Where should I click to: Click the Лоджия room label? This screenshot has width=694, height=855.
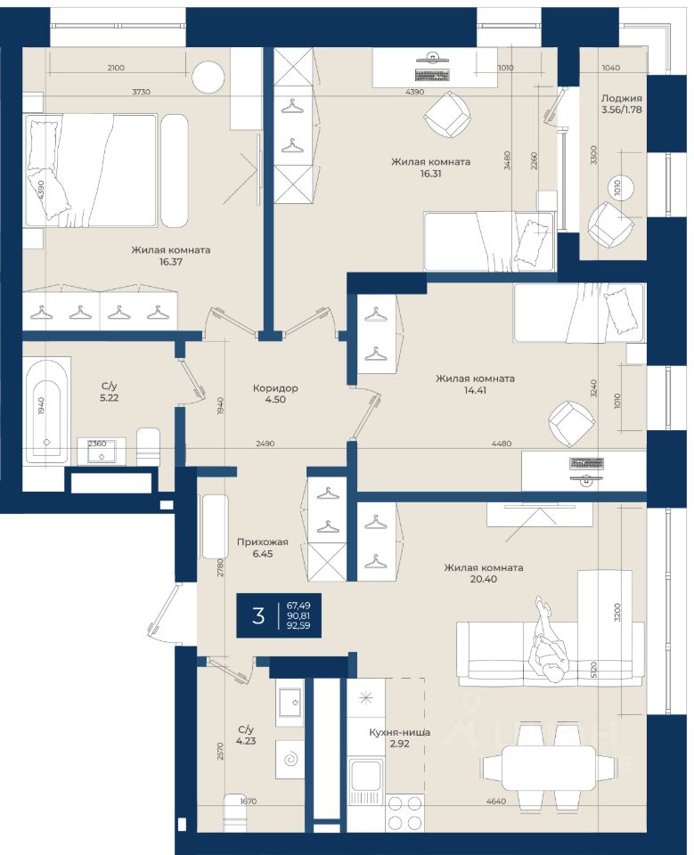tap(622, 99)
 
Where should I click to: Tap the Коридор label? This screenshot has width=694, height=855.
tap(275, 388)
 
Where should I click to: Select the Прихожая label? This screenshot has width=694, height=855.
tap(263, 542)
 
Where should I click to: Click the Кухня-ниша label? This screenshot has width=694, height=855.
tap(399, 732)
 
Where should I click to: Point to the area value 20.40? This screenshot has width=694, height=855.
tap(484, 579)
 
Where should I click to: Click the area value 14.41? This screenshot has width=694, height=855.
tap(475, 390)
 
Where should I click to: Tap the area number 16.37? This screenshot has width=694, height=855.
tap(171, 262)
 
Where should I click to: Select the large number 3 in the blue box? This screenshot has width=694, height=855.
tap(258, 615)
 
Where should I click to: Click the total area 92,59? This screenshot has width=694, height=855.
tap(298, 626)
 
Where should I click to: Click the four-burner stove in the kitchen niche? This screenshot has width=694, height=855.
tap(404, 812)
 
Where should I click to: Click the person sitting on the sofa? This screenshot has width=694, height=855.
tap(548, 640)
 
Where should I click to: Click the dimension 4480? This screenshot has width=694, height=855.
tap(501, 444)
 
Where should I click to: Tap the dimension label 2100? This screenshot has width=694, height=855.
tap(116, 68)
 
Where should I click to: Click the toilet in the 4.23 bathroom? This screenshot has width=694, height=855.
tap(239, 812)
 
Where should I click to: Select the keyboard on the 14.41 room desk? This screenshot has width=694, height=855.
tap(586, 463)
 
